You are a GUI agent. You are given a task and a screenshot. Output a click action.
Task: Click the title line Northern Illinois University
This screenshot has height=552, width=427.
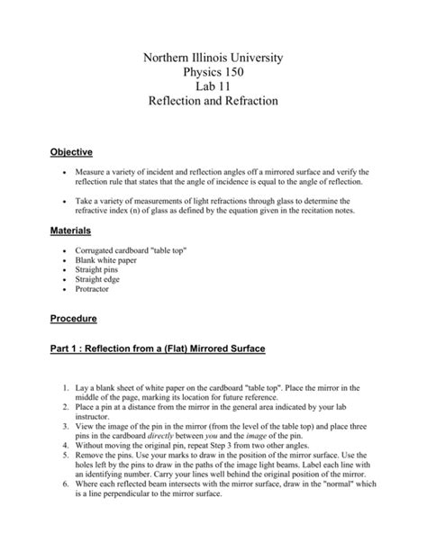pos(213,58)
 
